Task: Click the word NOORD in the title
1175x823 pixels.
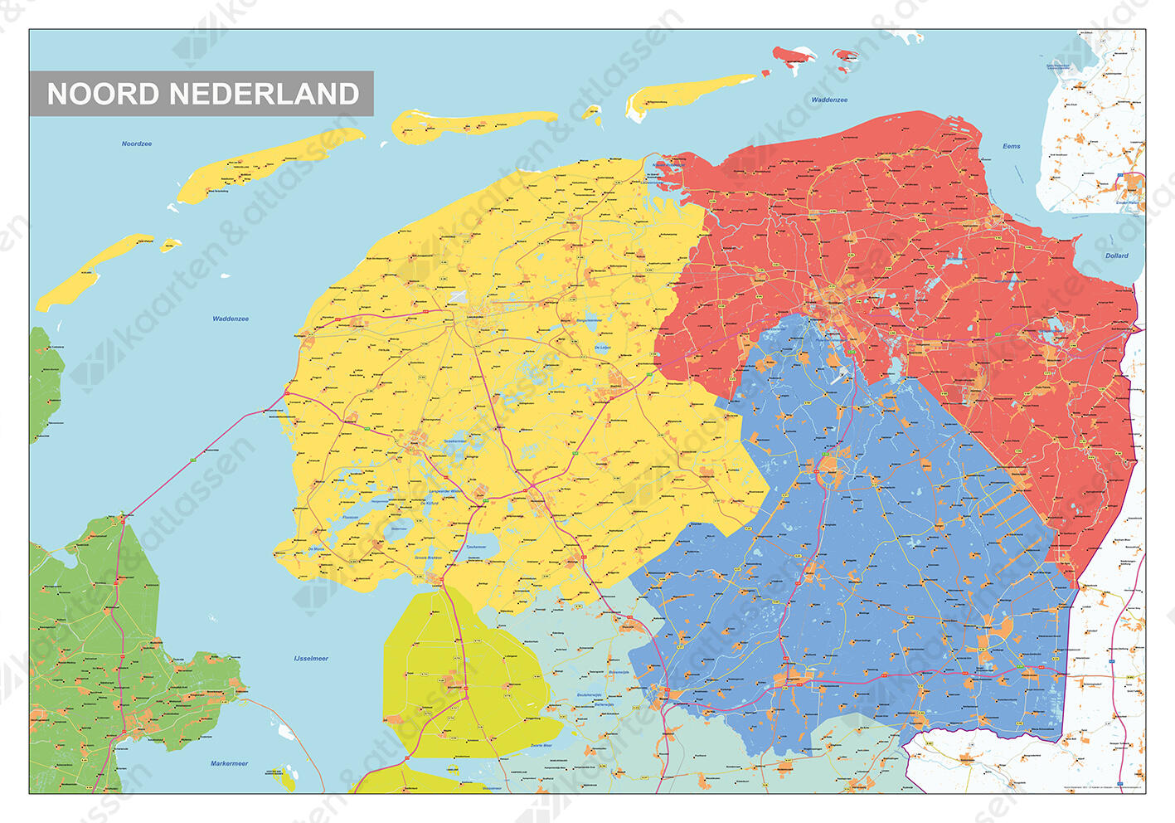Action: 103,94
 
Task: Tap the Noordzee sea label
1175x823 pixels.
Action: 137,144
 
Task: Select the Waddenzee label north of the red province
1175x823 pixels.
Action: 829,100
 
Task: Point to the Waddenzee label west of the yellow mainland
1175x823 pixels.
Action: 231,319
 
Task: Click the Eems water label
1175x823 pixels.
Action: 1012,146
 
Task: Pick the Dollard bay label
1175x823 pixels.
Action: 1116,256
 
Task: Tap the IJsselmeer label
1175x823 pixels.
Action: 311,659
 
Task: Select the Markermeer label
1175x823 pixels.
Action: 229,763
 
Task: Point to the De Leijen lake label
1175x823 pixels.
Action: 603,348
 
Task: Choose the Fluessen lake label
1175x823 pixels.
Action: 350,517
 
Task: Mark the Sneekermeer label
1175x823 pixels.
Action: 454,441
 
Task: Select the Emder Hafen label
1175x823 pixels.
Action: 1129,202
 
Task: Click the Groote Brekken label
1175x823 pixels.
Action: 429,558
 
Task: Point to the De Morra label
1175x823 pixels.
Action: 316,549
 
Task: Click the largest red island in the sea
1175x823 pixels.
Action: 794,56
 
